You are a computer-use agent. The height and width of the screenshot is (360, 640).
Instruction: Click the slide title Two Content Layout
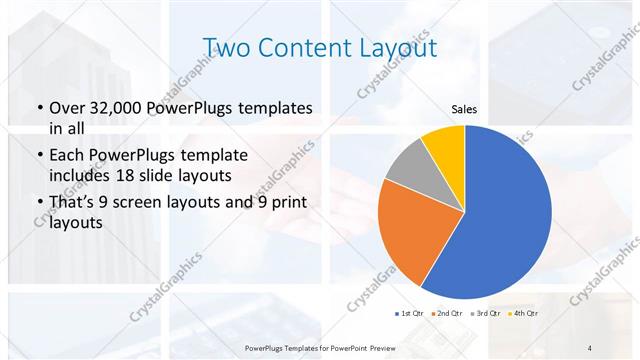click(x=319, y=47)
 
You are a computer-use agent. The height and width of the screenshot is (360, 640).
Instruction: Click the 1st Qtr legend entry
click(x=411, y=314)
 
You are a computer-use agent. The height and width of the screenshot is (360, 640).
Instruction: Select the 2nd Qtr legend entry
click(x=446, y=314)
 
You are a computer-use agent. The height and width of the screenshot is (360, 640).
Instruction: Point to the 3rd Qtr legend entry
click(x=486, y=314)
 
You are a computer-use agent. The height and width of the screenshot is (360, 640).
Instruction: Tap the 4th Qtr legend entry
click(x=524, y=314)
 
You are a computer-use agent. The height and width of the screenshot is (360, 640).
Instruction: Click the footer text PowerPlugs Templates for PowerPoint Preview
click(x=320, y=347)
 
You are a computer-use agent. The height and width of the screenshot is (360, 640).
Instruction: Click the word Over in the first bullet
click(x=67, y=107)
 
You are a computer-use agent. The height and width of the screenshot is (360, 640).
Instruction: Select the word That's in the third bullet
click(x=75, y=203)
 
